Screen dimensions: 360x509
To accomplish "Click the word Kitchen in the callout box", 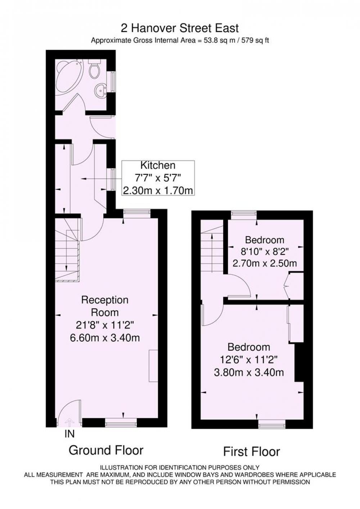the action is coord(158,165).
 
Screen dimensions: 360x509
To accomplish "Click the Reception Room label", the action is coord(105,306).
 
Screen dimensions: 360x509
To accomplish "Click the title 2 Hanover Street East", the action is coord(180,29).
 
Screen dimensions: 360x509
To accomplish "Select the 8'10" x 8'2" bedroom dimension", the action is coord(265,251).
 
